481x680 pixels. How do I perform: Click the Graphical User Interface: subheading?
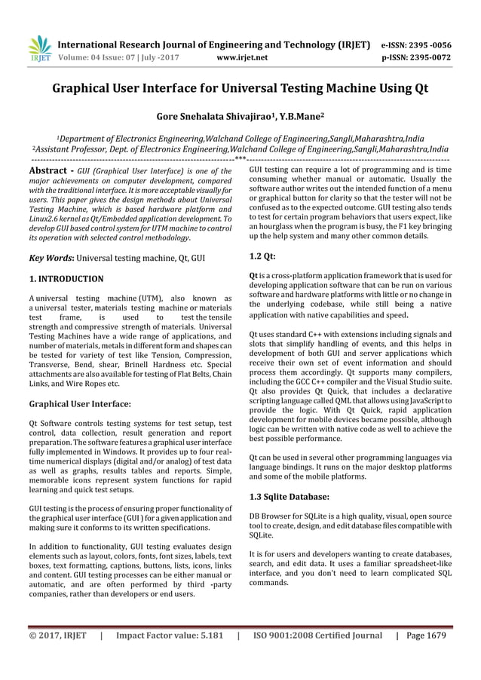pyautogui.click(x=80, y=403)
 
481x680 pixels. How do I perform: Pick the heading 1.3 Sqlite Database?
pyautogui.click(x=289, y=496)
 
